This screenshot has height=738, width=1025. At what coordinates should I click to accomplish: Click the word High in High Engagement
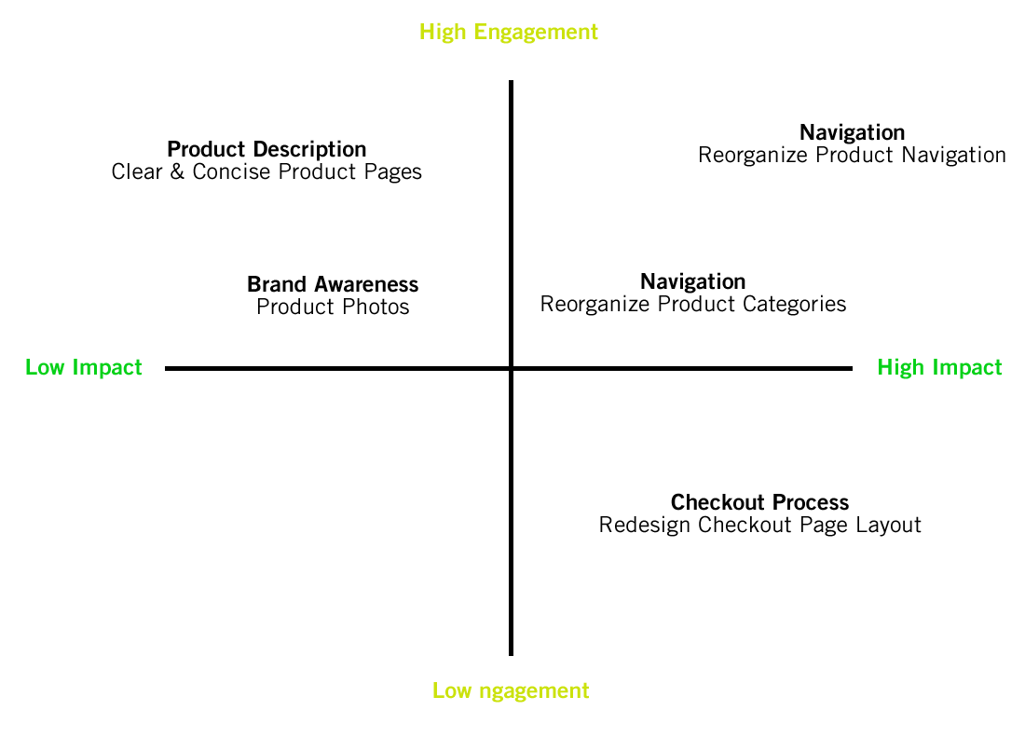pos(443,33)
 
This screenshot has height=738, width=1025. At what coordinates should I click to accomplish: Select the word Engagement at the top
pos(536,33)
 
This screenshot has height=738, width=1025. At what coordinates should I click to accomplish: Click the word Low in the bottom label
pos(452,690)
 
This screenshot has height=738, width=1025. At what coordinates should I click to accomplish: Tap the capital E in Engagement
pos(479,33)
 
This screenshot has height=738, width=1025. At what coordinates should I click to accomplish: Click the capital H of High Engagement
pos(426,33)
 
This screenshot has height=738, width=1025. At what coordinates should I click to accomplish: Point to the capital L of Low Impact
pos(30,367)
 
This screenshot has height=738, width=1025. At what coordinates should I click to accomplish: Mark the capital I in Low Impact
pos(75,367)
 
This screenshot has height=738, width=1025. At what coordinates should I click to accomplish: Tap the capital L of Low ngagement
pos(437,690)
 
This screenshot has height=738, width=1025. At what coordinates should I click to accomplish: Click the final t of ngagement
pos(585,691)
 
